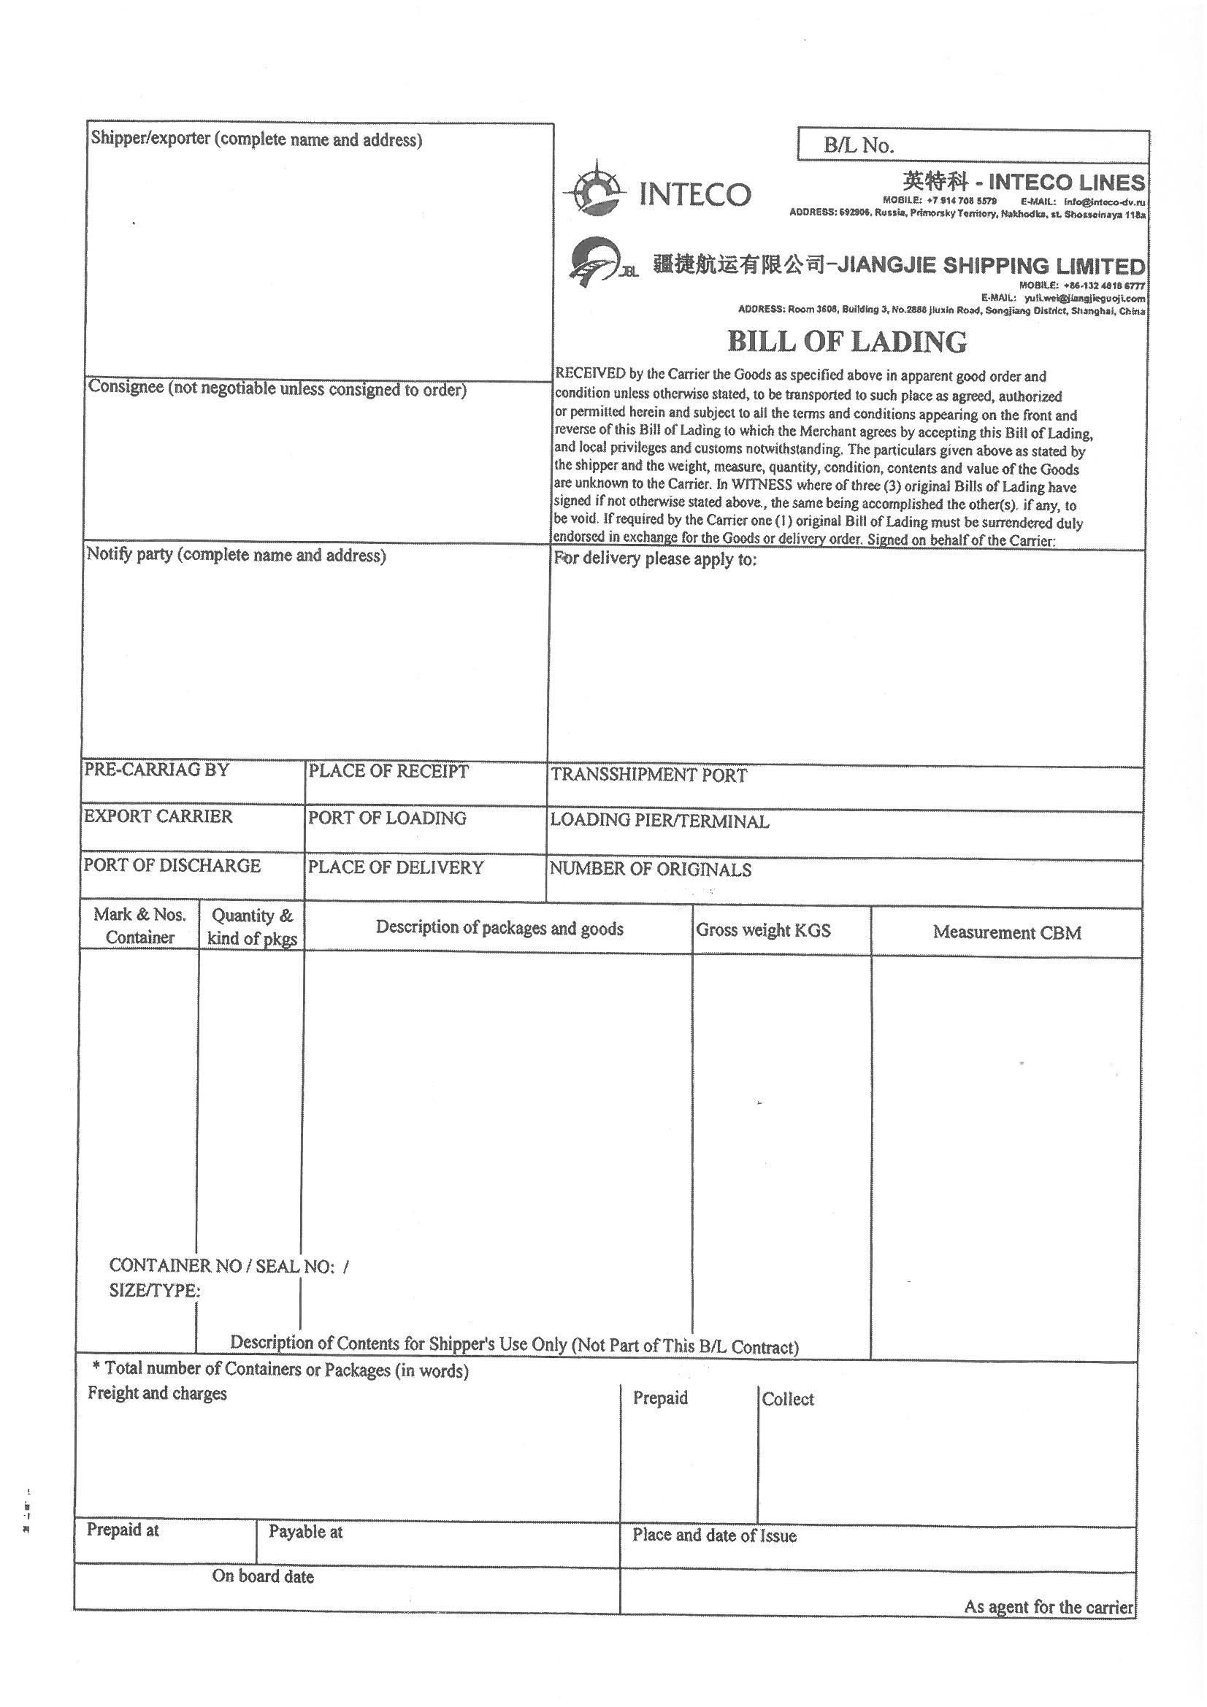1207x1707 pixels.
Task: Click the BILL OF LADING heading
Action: pyautogui.click(x=846, y=341)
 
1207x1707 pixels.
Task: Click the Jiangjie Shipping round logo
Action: pyautogui.click(x=594, y=261)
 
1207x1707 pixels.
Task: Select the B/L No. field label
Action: pyautogui.click(x=858, y=146)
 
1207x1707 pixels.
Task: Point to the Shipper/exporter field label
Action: pyautogui.click(x=256, y=139)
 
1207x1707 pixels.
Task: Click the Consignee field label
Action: pyautogui.click(x=277, y=389)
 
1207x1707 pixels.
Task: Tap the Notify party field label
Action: pyautogui.click(x=236, y=555)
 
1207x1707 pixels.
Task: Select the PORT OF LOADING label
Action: pyautogui.click(x=387, y=818)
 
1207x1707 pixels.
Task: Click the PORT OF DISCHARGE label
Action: pyautogui.click(x=172, y=865)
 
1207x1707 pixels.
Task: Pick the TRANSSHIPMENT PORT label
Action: pyautogui.click(x=648, y=775)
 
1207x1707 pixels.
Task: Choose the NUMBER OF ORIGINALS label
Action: pyautogui.click(x=650, y=869)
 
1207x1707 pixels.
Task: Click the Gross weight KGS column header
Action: pyautogui.click(x=763, y=930)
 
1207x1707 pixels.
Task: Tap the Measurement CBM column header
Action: pyautogui.click(x=1006, y=932)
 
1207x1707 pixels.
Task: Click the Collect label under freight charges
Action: pyautogui.click(x=788, y=1399)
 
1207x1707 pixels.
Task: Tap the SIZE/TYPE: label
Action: pyautogui.click(x=154, y=1291)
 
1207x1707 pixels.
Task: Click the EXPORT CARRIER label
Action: pyautogui.click(x=158, y=816)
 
